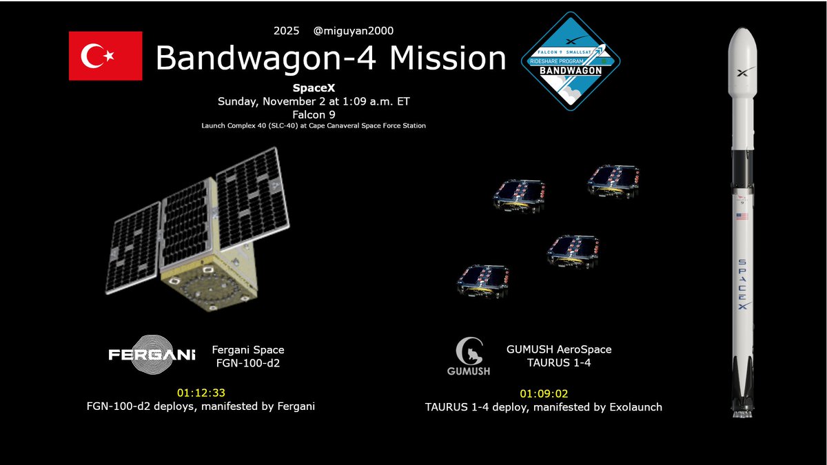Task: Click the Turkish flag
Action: (105, 56)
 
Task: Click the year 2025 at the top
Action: (287, 30)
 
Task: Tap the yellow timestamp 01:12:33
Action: (201, 393)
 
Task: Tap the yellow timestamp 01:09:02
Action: (544, 394)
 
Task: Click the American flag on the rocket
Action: (742, 216)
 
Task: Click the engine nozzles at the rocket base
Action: (742, 411)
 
